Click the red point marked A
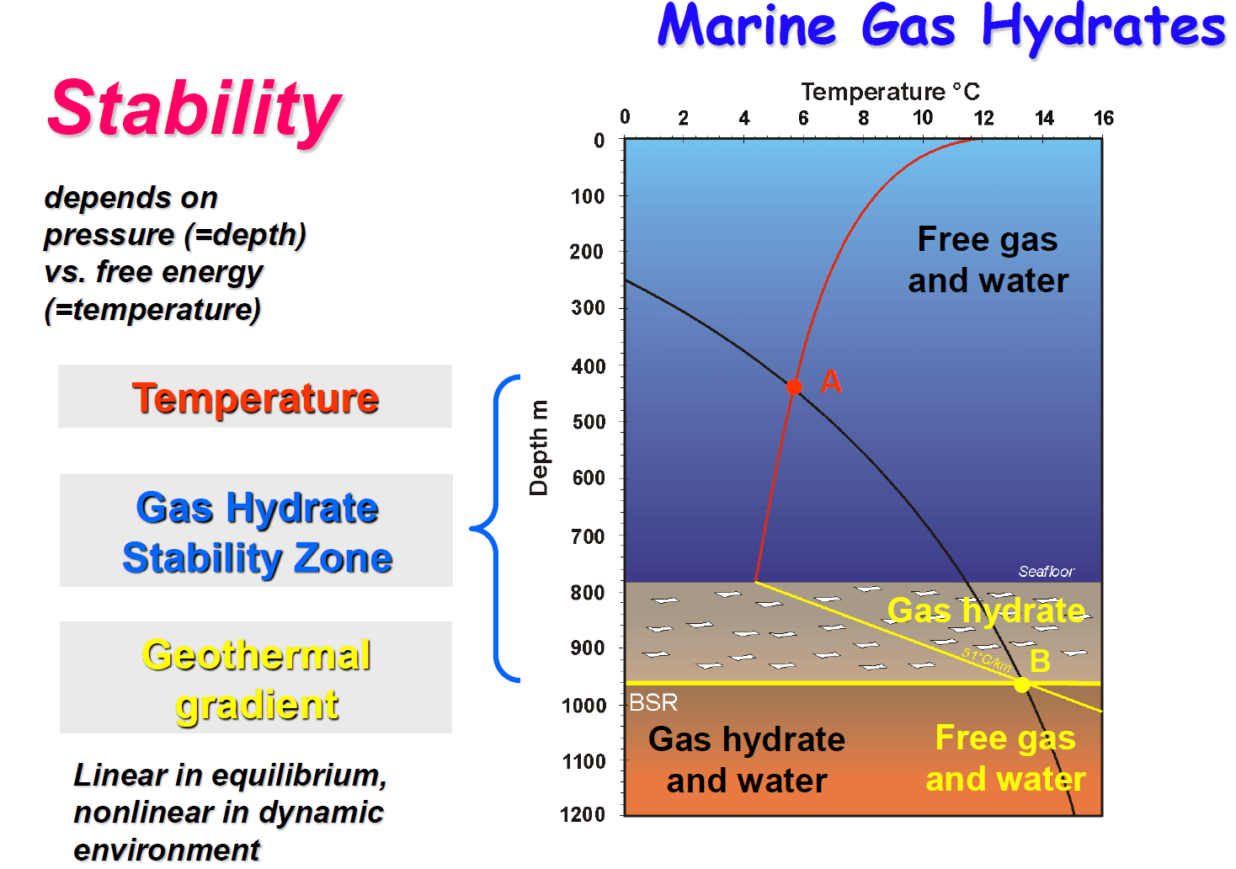pos(793,387)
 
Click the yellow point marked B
pos(1021,685)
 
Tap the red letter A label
pos(831,381)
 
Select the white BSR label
pos(653,702)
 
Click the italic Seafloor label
pos(1047,571)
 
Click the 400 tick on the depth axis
pos(589,366)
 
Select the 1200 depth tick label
pos(583,814)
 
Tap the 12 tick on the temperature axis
pos(983,118)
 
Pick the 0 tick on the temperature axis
pos(625,116)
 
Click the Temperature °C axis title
pos(890,92)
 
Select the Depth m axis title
pos(538,448)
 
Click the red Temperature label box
pos(255,396)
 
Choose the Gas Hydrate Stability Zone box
pos(256,530)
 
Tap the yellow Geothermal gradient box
pos(256,678)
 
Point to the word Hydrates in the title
pos(1104,28)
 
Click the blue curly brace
pos(496,529)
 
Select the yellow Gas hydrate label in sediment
pos(986,610)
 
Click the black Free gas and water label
pos(988,260)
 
